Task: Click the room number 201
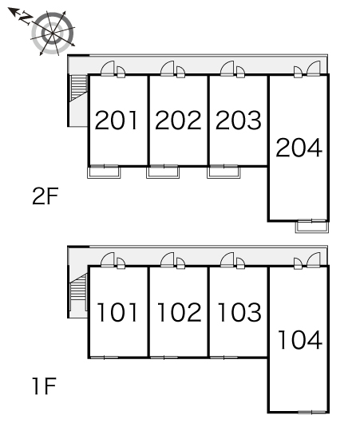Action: [117, 121]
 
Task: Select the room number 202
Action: [178, 121]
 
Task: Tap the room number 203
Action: [239, 121]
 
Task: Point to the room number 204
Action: [299, 148]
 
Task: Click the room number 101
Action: [117, 312]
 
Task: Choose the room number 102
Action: [179, 312]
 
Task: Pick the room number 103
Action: [239, 312]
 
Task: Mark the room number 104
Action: [300, 339]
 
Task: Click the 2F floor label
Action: [45, 196]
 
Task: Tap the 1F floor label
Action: [44, 386]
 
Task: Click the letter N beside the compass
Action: [25, 18]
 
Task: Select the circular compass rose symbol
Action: [53, 33]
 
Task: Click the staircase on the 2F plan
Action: [78, 89]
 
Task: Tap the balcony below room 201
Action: [104, 172]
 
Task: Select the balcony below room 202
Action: [163, 172]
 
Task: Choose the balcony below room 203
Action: [224, 172]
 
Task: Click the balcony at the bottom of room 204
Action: [312, 227]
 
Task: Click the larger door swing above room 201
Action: [108, 69]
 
